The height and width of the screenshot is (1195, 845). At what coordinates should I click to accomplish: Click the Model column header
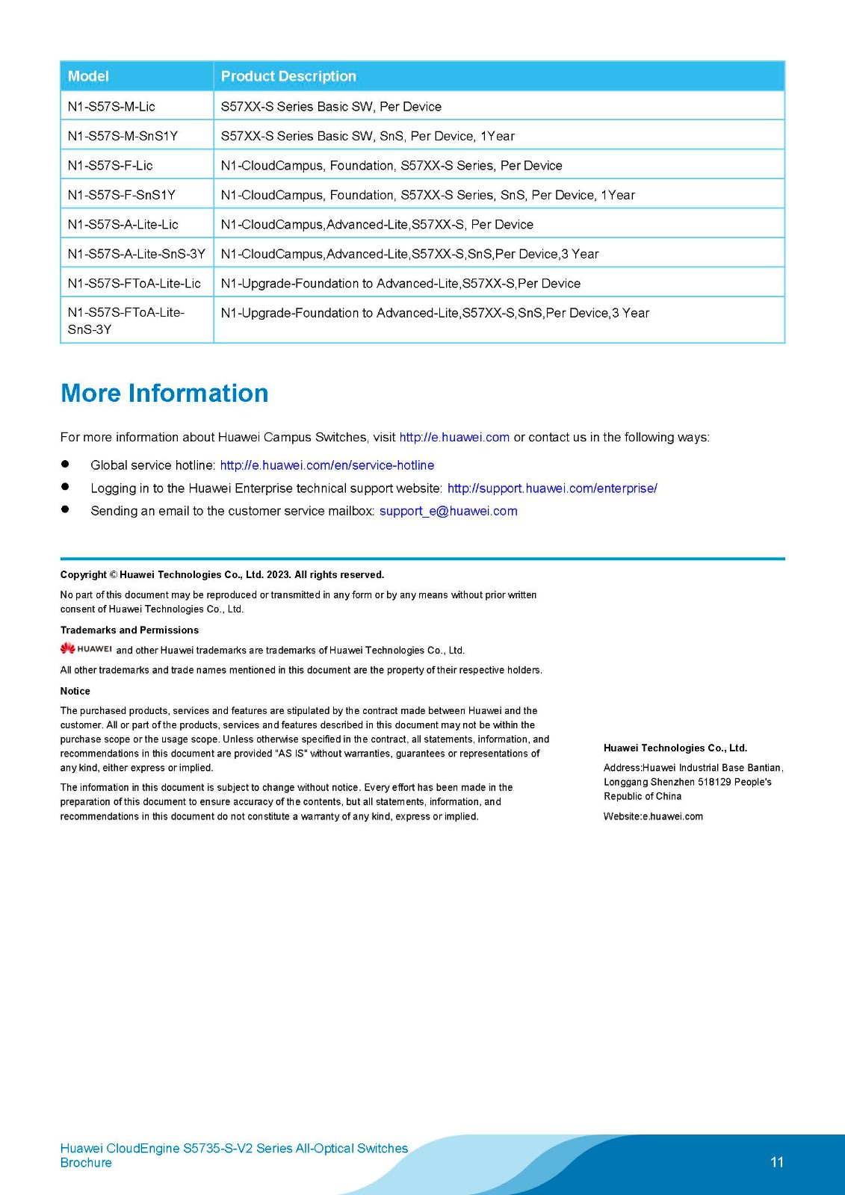[88, 76]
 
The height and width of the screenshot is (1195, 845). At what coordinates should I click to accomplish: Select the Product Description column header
[288, 76]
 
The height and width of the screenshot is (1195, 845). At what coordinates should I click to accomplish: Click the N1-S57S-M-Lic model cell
[111, 107]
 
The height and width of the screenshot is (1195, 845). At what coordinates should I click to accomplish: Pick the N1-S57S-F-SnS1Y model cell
[121, 195]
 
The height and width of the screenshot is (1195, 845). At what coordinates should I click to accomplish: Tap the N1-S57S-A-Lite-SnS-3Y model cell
[136, 254]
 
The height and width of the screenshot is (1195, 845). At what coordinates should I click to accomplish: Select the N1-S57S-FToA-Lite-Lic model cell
[134, 283]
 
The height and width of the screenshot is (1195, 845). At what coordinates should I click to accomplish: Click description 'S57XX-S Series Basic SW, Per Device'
[331, 107]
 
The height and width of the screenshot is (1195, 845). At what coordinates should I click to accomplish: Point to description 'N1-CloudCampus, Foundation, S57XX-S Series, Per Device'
[391, 166]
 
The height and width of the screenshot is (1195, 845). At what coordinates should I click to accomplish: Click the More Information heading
[164, 394]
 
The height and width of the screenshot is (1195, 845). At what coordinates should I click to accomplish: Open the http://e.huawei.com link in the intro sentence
[454, 438]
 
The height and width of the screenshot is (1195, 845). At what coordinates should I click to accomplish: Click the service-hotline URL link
[326, 465]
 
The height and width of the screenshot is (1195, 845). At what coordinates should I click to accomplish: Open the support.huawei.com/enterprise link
[552, 488]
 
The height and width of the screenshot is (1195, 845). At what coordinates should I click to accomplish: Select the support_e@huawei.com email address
[448, 511]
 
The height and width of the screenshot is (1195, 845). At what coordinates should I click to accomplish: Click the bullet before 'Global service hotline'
[65, 464]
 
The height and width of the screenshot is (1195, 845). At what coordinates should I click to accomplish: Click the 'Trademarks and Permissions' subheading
[129, 630]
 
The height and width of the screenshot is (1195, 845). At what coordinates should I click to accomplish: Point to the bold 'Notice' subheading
[75, 691]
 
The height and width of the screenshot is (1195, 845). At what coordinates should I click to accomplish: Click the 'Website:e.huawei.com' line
[653, 816]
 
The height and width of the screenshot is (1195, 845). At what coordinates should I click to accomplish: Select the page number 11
[777, 1162]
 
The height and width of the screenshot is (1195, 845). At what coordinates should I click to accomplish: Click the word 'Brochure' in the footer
[86, 1163]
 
